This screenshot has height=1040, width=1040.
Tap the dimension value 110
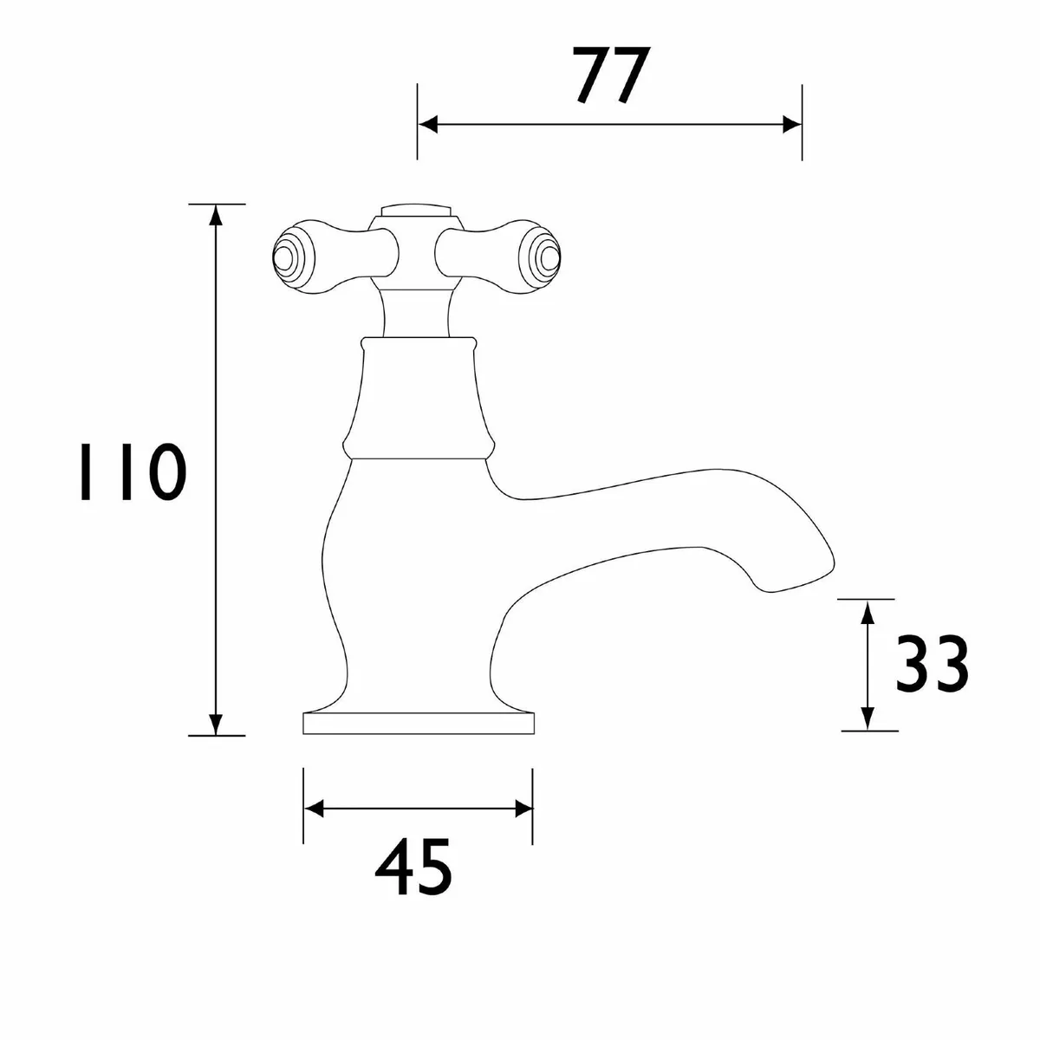click(x=130, y=472)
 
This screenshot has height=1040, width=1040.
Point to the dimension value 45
click(x=413, y=868)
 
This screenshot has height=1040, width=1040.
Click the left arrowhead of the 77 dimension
click(x=426, y=125)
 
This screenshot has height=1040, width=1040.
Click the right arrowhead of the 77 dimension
click(x=792, y=125)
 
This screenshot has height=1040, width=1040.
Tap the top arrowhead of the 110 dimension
click(x=216, y=215)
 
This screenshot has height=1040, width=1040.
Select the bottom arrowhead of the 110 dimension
click(x=216, y=725)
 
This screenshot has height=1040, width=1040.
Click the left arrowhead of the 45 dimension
click(x=313, y=809)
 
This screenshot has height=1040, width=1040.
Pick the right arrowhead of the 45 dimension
click(x=523, y=809)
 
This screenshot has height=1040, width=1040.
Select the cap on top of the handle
click(x=415, y=212)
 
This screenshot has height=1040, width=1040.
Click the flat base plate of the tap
click(x=418, y=725)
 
